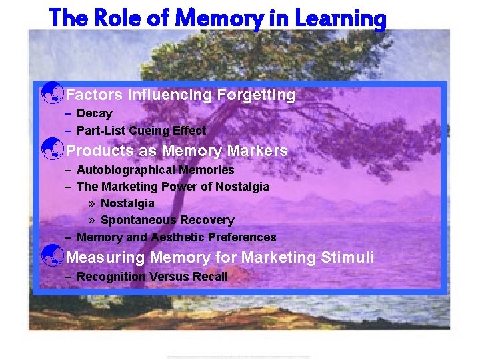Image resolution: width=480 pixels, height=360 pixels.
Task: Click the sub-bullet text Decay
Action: coord(95,113)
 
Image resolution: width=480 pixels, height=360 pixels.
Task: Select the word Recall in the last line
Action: coord(210,276)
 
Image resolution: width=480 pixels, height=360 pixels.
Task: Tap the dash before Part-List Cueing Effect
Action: coord(69,131)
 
